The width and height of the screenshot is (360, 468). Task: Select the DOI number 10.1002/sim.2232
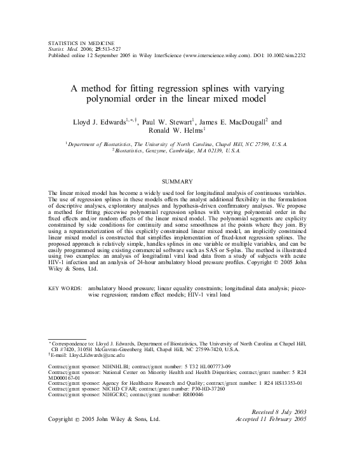[x=290, y=55]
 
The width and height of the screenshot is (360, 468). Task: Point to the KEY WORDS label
[x=65, y=288]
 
